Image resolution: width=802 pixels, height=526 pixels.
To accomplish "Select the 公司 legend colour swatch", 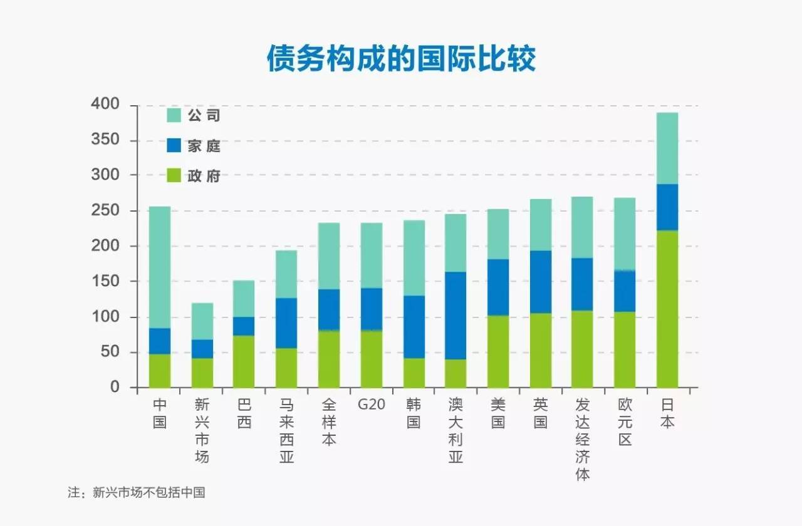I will pos(174,116).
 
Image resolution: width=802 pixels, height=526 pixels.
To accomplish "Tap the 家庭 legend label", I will pos(204,146).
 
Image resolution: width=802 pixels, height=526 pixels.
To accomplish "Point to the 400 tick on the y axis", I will pos(106,105).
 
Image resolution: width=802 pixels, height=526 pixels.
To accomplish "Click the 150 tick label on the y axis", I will pos(106,282).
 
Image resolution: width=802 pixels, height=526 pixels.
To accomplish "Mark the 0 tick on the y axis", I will pos(114,388).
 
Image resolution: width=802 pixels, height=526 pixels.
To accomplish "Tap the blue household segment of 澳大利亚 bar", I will pos(456,316).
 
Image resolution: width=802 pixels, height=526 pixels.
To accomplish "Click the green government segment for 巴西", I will pos(244,361).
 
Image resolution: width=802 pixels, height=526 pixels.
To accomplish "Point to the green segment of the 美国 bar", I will pos(498,351).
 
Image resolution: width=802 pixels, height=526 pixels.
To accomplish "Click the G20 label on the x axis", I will pos(371,405).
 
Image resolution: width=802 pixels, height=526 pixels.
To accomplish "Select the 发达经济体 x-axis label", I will pos(583,440).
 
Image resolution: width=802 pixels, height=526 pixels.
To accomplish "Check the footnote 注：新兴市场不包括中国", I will pos(137,492).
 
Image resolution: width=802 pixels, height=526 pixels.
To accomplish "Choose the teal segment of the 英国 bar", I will pos(541,225).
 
